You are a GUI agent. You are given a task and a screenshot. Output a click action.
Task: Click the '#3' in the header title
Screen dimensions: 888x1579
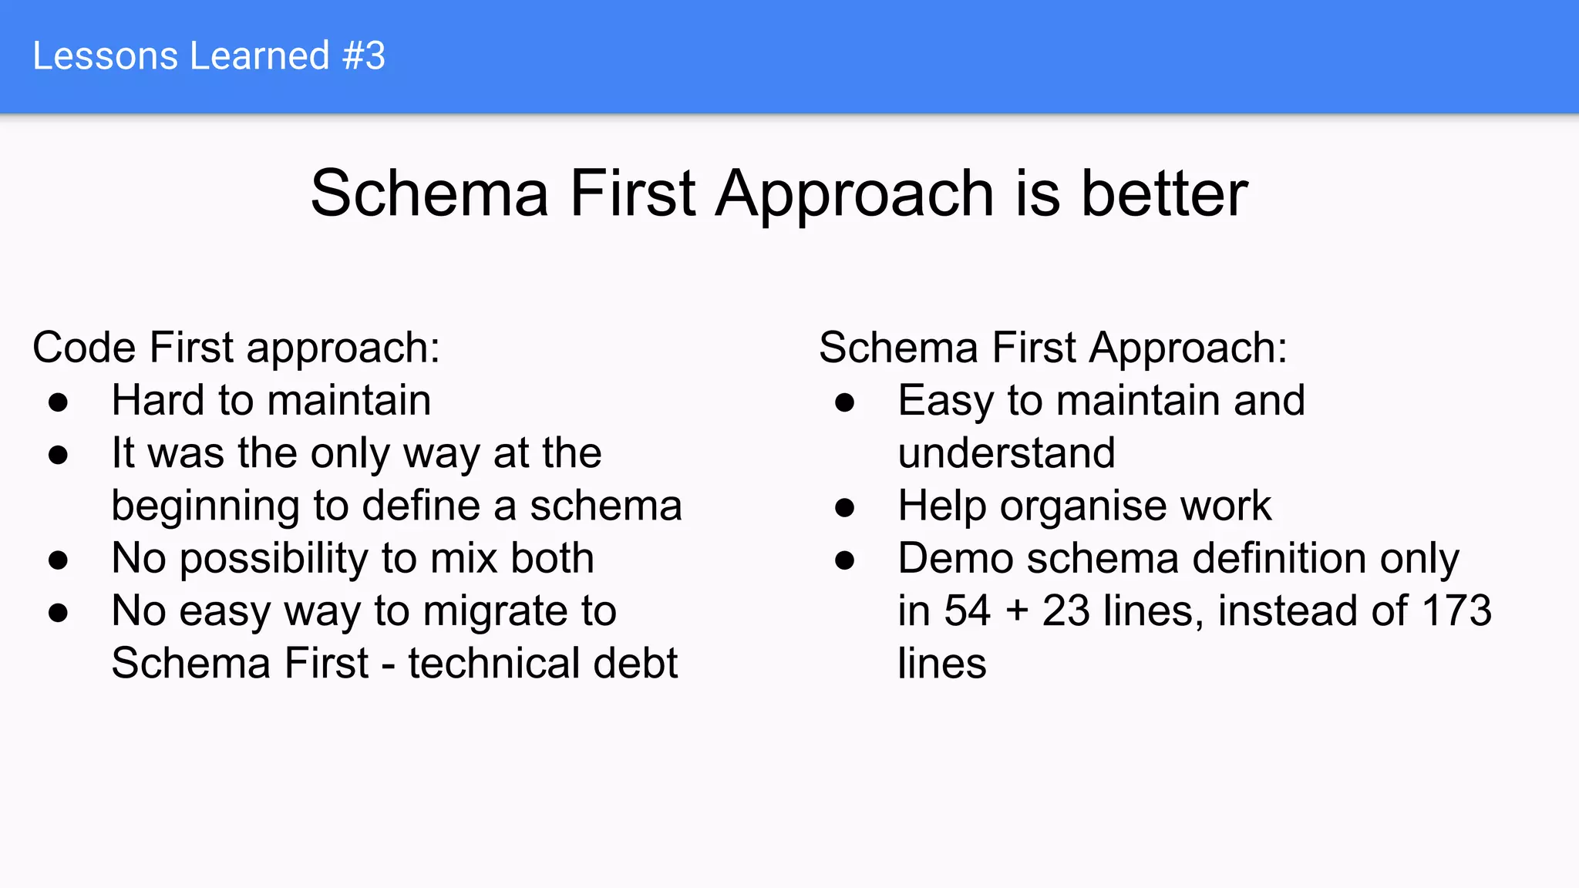coord(364,56)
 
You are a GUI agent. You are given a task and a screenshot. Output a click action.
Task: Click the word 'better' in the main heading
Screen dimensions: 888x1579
coord(1164,193)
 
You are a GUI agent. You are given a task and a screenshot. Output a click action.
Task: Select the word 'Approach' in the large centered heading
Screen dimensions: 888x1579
coord(854,195)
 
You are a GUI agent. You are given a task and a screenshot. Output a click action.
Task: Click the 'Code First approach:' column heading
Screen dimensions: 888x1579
coord(236,348)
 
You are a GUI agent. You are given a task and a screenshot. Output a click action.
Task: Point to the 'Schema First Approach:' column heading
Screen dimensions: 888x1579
coord(1052,348)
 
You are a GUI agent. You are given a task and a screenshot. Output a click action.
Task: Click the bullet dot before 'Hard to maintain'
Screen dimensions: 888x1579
coord(58,402)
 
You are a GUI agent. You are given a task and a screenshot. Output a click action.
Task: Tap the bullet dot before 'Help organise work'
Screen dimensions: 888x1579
coord(844,507)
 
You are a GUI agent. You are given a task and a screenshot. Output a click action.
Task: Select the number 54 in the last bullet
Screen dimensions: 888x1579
coord(967,610)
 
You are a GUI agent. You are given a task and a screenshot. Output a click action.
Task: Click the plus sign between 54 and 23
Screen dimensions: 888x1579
coord(1017,611)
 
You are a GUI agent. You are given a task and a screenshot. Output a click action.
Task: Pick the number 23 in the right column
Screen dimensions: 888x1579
coord(1066,610)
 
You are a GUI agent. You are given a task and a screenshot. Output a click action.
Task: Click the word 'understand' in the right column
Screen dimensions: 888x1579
coord(1006,452)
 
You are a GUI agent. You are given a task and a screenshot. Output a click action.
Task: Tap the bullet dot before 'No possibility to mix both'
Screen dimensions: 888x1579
coord(58,560)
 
